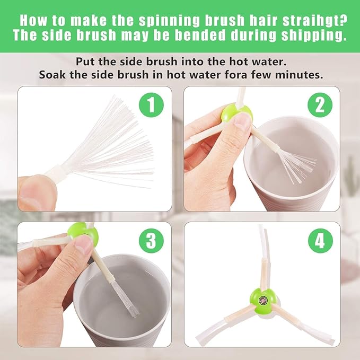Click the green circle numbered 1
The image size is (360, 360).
coord(151,105)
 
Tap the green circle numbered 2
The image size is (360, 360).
coord(320,105)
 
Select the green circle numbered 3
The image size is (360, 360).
coord(151,240)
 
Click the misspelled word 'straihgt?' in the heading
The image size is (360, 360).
coord(315,21)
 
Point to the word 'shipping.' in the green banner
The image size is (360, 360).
coord(314,35)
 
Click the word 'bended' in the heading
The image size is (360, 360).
coord(201,35)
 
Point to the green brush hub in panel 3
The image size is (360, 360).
coord(83,234)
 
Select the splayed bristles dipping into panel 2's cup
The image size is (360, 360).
coord(297,166)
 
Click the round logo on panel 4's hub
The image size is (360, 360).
coord(262,300)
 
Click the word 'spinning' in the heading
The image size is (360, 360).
coord(169,21)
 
